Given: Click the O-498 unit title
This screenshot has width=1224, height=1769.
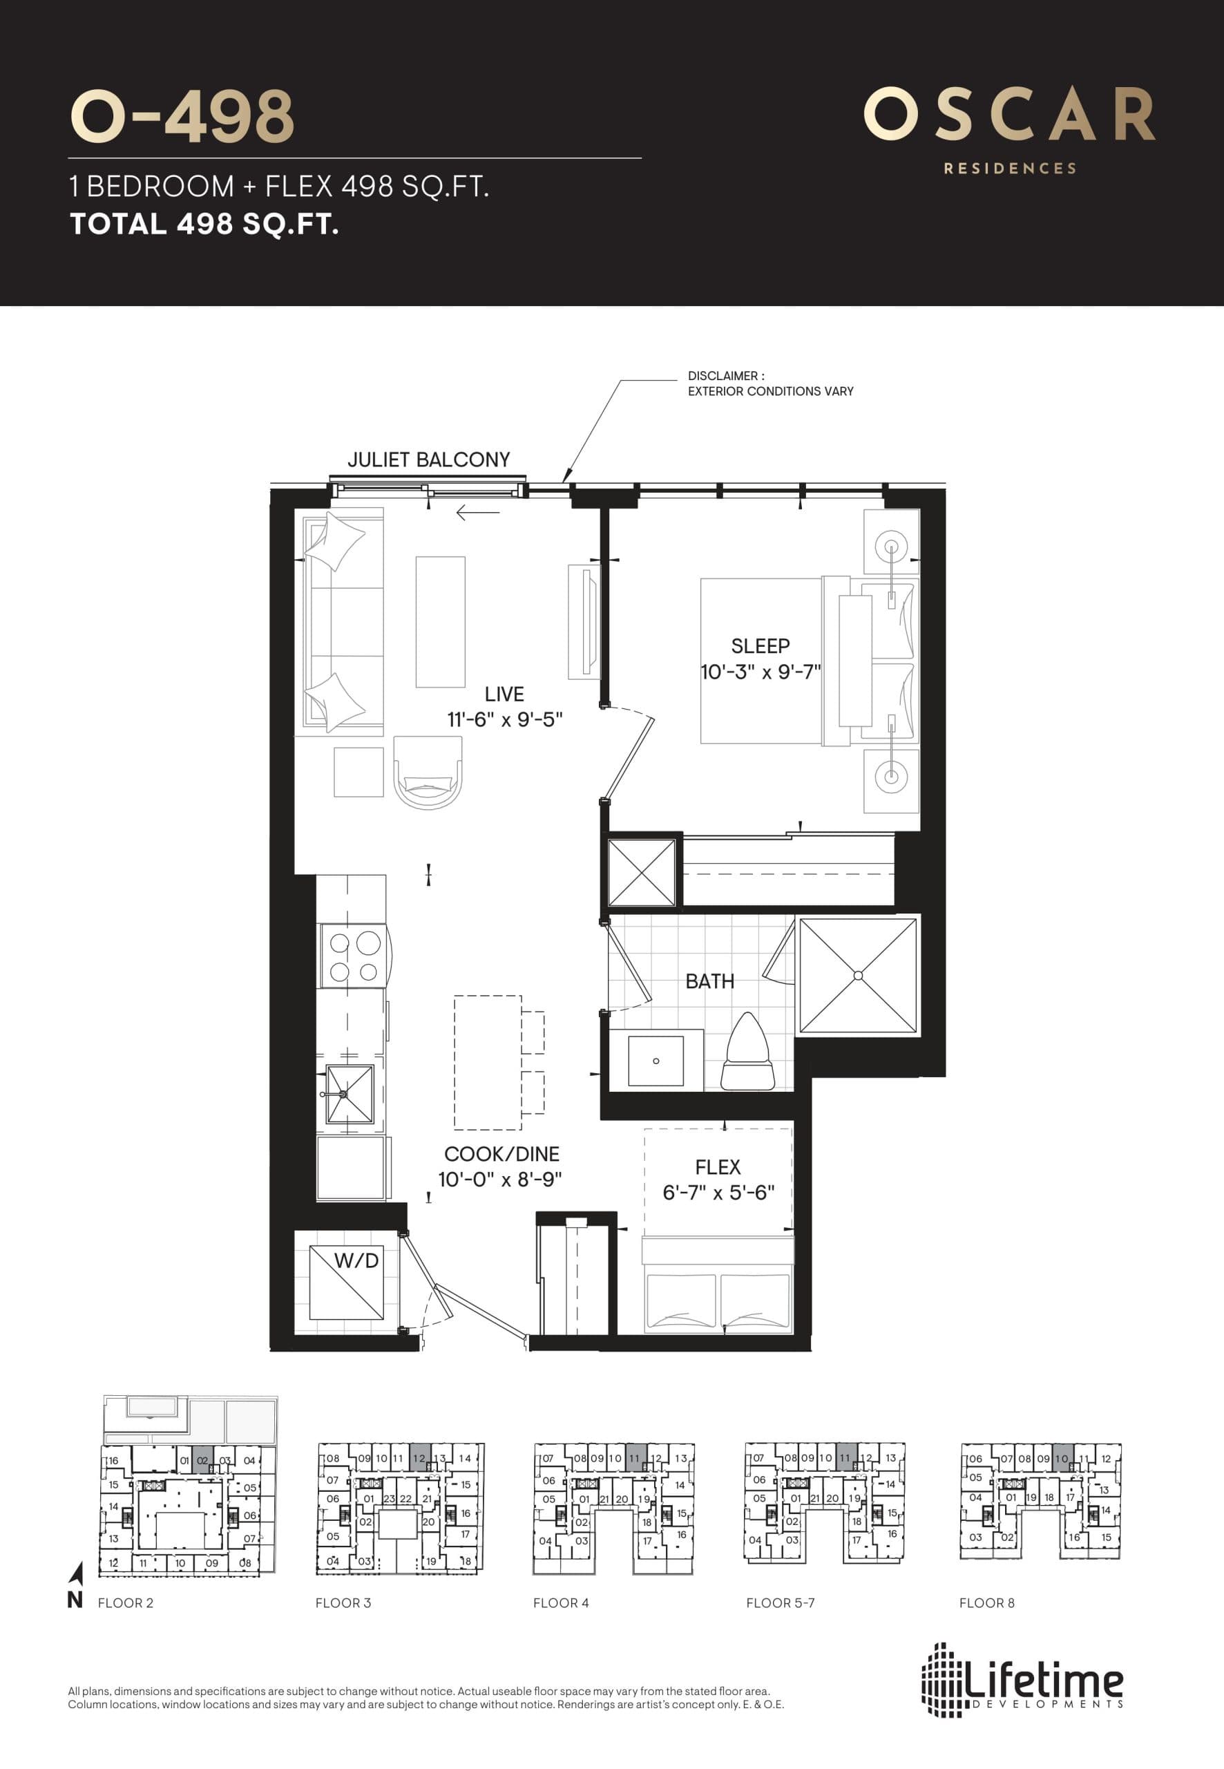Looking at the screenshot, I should coord(182,117).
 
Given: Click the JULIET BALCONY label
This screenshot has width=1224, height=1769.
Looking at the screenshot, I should coord(428,460).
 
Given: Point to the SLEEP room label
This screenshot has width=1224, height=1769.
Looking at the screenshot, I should coord(760,646).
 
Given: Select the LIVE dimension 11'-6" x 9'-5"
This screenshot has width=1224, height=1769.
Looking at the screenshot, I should coord(505,719).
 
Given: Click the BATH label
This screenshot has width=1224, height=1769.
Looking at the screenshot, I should coord(709,981).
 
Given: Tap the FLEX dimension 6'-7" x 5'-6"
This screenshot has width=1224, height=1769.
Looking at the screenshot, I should coord(718,1193).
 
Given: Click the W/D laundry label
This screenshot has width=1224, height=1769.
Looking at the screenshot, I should coord(356,1260).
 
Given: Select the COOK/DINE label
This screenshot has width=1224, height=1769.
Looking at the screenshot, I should coord(501,1154).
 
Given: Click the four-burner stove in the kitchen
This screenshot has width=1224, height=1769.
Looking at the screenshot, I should coord(354,956).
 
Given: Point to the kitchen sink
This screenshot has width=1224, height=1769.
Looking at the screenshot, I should coord(350,1094).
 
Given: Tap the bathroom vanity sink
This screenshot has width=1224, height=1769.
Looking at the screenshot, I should coord(655,1061).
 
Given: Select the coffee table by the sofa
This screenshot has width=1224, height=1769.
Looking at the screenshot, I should coord(440,621).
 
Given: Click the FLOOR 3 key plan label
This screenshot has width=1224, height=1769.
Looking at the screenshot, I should coord(343,1602).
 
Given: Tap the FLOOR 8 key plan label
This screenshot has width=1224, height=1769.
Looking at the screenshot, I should coord(986,1602).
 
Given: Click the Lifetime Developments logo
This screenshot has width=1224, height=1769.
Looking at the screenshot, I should coord(1022,1683).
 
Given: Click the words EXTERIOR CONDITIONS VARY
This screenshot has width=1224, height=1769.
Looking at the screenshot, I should coord(770,391).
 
